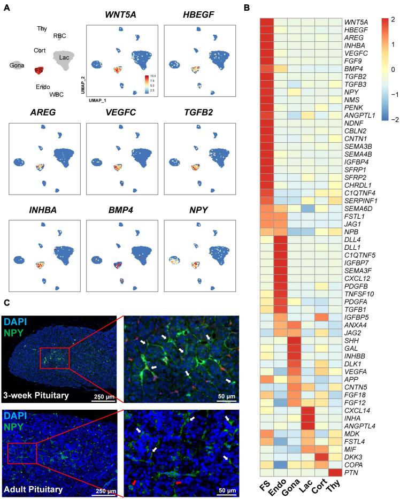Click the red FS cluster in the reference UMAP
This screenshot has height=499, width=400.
[39, 70]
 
